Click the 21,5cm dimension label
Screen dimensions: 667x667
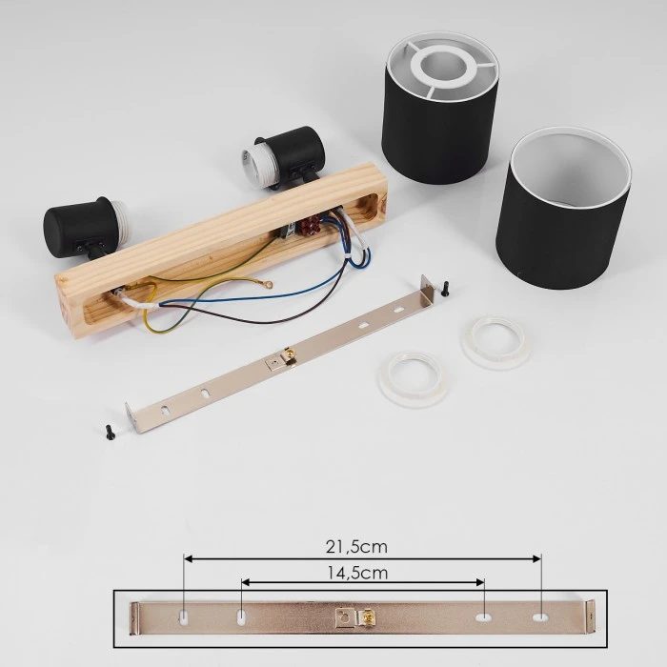(356, 547)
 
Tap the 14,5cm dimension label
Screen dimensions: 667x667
(357, 573)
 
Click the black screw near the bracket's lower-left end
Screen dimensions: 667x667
(110, 433)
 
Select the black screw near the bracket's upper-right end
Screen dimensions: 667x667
(445, 289)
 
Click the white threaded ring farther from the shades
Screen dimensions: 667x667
(414, 379)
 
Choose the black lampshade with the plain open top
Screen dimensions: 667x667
(563, 209)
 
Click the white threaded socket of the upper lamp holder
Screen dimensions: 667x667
(257, 168)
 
